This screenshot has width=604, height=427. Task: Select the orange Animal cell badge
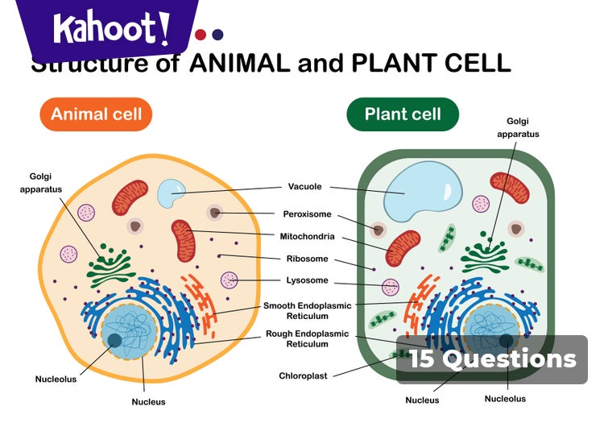96,114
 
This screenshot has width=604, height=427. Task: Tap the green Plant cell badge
403,114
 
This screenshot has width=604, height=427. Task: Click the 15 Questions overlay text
492,359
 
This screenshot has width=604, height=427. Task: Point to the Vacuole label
305,187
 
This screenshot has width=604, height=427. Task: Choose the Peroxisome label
307,214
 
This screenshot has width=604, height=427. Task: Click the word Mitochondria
307,238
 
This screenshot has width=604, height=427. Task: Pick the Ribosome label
307,259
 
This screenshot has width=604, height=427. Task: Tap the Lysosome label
307,280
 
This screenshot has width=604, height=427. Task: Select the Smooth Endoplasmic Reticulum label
306,311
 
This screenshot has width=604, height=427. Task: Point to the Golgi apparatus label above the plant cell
518,127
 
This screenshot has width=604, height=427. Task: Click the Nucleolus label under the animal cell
56,379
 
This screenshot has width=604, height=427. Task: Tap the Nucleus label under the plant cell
422,400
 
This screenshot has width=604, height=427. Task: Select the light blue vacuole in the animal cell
171,193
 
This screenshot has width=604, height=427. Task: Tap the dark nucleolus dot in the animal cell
115,341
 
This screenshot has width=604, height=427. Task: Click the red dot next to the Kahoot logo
201,35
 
